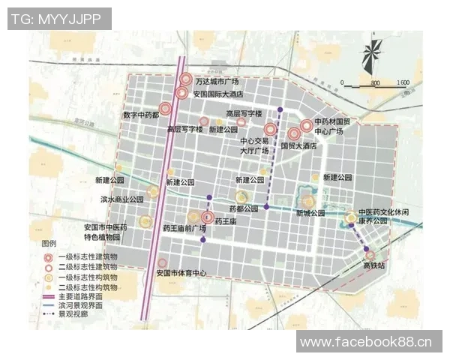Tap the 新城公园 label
coord(310,213)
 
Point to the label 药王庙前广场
coord(184,228)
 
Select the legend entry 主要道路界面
coord(86,297)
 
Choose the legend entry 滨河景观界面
coord(86,307)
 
